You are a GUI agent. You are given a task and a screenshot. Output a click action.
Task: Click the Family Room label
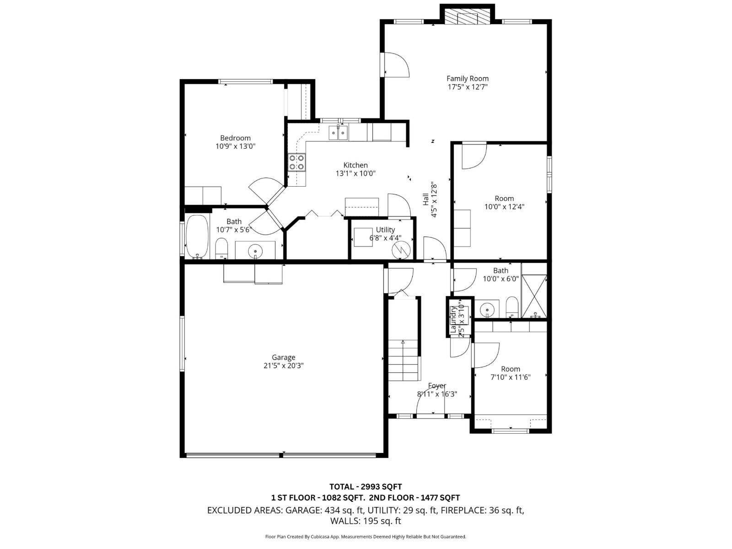(467, 79)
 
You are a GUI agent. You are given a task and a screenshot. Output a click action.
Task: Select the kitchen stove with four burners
(297, 162)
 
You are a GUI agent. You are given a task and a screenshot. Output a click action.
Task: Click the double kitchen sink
(338, 133)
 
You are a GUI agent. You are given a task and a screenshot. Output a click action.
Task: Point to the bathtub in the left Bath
(197, 237)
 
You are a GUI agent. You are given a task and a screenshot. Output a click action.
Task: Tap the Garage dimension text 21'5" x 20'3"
(284, 366)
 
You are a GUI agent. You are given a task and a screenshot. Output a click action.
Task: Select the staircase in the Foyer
(404, 359)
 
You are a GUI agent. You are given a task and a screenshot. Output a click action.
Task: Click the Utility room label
(385, 230)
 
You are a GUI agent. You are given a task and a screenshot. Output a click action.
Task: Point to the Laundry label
(453, 319)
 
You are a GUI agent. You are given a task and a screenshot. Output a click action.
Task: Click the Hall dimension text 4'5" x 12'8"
(434, 200)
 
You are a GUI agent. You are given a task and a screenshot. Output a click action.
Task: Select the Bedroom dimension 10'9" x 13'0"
(235, 146)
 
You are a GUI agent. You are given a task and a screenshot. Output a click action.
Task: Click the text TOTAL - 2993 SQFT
(366, 486)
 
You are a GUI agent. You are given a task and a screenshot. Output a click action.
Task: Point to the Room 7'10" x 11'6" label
(510, 369)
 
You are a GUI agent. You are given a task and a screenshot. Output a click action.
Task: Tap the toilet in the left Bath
(221, 248)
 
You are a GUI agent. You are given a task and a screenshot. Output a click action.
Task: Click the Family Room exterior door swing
(396, 65)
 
